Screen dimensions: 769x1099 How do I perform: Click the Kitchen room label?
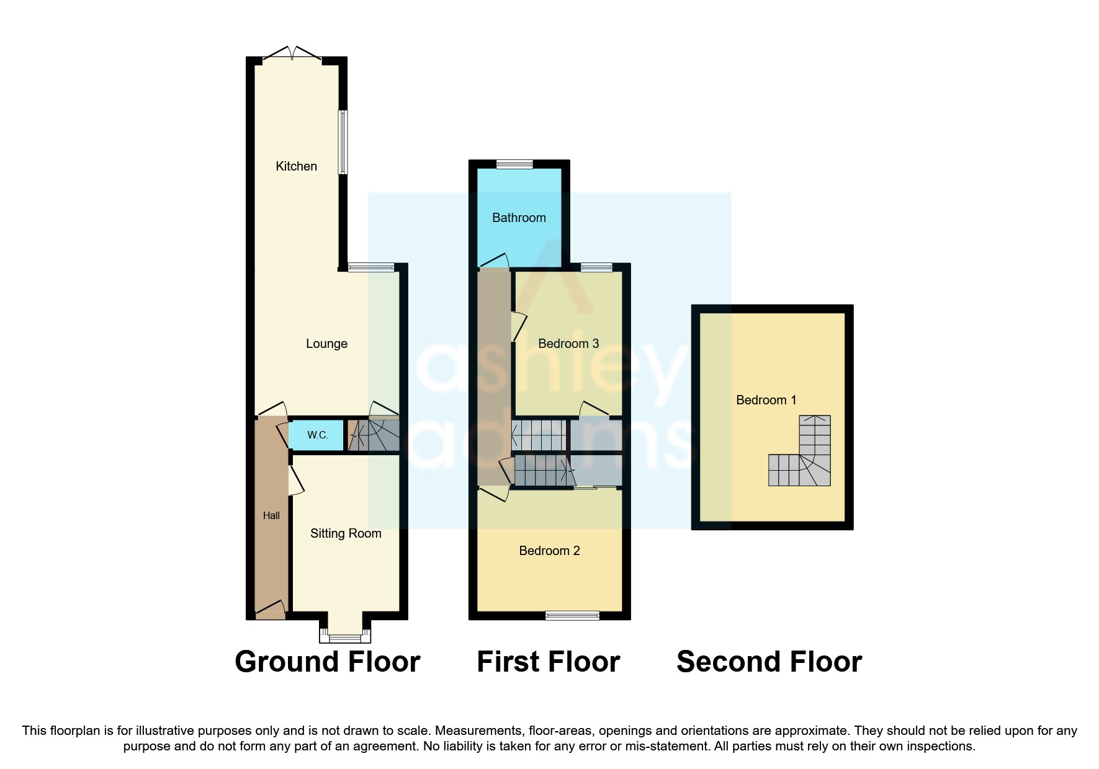point(296,166)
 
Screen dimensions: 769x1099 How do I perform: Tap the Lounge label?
point(326,344)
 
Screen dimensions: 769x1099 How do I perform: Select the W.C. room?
point(317,435)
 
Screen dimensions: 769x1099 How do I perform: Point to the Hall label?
point(271,515)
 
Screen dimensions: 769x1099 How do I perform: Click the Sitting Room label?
point(346,533)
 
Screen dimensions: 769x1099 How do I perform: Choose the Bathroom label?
point(519,218)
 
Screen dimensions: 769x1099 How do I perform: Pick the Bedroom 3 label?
point(568,344)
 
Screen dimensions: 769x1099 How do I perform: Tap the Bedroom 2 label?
point(549,551)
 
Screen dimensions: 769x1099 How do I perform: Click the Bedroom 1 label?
point(766,400)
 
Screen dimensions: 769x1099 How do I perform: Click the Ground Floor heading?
point(327,662)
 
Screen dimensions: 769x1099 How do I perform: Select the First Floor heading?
point(548,662)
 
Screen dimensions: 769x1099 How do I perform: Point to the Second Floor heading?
point(769,662)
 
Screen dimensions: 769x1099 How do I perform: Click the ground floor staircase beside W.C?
point(373,435)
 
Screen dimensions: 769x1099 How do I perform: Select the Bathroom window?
point(514,164)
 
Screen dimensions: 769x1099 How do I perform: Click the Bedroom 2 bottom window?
point(572,615)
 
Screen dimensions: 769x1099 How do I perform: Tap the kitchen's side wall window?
point(343,142)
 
